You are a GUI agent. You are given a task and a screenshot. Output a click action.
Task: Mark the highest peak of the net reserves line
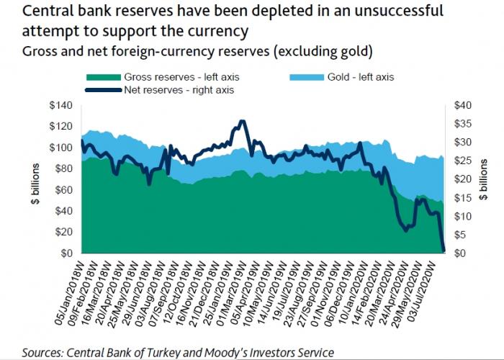[242, 122]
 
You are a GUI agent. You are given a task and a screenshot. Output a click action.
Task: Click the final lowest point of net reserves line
[444, 251]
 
